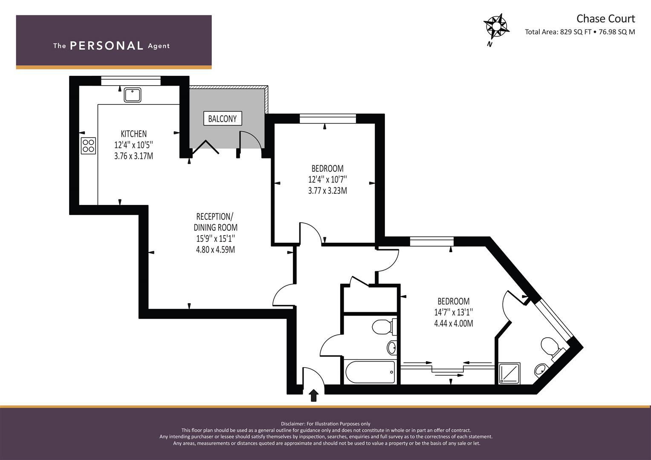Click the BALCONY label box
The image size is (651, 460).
(x=223, y=118)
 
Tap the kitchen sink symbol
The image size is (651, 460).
(x=133, y=95)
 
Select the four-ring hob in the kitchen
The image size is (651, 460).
(x=88, y=146)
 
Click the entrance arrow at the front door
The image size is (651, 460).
(x=314, y=396)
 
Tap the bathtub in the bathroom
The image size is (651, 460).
(x=370, y=372)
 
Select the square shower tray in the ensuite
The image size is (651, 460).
(x=509, y=373)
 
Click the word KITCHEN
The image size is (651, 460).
(x=134, y=134)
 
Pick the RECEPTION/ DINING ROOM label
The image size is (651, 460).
(x=215, y=222)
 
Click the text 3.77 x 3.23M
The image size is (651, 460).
(x=327, y=190)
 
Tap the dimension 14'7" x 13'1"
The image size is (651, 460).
(x=453, y=312)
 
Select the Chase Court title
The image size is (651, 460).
(x=606, y=19)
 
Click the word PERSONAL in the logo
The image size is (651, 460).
(x=107, y=46)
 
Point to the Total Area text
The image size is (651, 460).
(x=580, y=32)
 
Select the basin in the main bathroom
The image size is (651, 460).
(x=392, y=347)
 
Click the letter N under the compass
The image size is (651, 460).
(x=490, y=44)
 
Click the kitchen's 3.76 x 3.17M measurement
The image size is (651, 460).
(x=134, y=156)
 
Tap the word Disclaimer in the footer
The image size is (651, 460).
(x=293, y=424)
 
